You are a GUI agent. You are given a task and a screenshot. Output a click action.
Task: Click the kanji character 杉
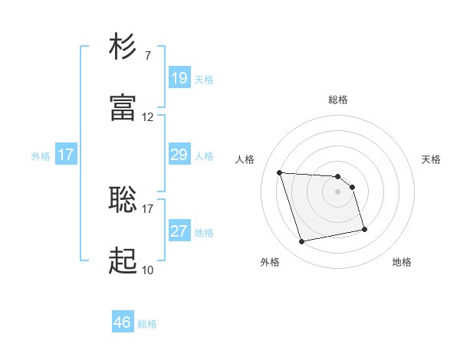124,47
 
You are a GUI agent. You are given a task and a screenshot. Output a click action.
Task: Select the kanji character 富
124,109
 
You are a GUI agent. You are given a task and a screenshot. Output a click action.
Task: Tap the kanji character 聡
124,200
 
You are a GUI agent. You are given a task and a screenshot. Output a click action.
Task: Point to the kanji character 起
124,261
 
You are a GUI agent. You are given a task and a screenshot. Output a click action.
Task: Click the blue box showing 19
179,78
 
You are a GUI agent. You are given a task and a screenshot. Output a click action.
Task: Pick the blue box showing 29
179,155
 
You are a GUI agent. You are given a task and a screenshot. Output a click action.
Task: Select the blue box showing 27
179,231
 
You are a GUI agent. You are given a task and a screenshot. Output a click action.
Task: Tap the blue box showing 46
123,322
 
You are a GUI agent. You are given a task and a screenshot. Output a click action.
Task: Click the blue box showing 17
66,155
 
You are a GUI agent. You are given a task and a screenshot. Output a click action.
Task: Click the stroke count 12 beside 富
148,117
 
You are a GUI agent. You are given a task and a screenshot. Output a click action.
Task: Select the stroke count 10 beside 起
148,270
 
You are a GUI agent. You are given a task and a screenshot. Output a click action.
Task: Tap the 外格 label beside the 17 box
41,155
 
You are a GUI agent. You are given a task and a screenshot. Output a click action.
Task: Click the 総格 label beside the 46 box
147,324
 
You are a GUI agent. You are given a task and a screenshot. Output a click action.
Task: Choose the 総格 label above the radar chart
338,100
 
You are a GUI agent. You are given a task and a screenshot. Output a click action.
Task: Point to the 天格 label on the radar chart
432,159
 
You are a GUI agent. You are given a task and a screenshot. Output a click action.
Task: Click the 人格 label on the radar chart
245,159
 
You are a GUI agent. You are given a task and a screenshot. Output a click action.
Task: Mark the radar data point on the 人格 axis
280,172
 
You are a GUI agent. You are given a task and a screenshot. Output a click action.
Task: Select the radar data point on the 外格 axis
302,242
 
